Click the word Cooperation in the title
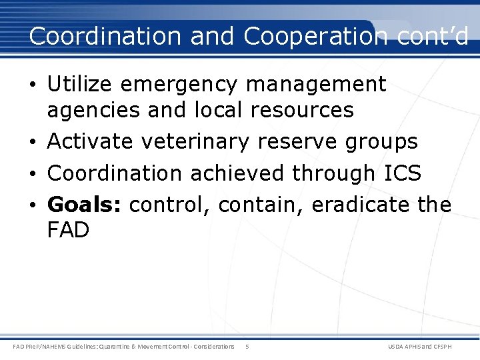tap(315, 37)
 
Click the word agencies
tap(93, 110)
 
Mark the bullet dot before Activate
tap(33, 142)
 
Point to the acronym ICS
tap(402, 173)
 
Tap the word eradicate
tap(361, 205)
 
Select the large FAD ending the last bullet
tap(68, 231)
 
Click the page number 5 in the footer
tap(247, 347)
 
